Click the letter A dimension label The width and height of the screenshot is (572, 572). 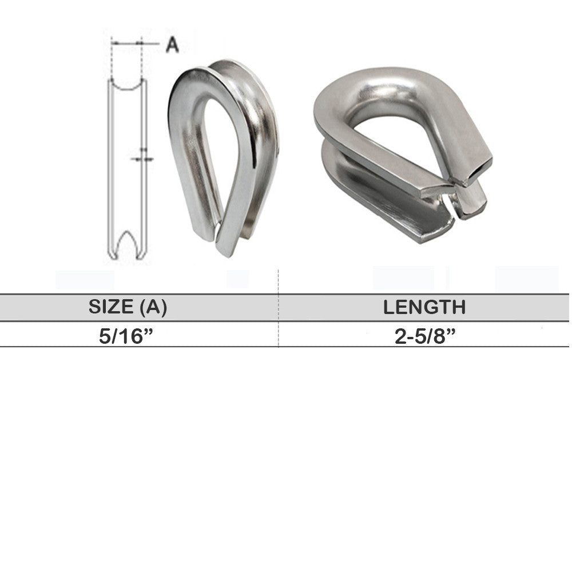pyautogui.click(x=172, y=45)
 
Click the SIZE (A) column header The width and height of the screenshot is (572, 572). pyautogui.click(x=128, y=307)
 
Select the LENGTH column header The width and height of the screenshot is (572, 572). pyautogui.click(x=424, y=307)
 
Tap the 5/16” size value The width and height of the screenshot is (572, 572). pyautogui.click(x=125, y=336)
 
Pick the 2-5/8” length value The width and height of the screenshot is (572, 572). pyautogui.click(x=425, y=336)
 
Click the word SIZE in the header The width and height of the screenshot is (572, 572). pyautogui.click(x=111, y=307)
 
